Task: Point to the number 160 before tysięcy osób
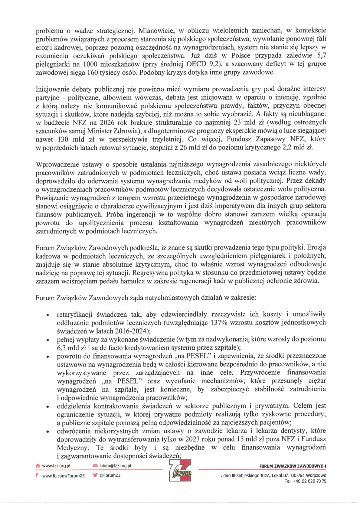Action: (92, 73)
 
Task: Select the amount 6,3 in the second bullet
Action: (62, 347)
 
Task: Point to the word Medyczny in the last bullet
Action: (73, 448)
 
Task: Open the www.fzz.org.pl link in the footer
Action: (56, 466)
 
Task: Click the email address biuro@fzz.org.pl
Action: (116, 466)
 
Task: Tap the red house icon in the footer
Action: (38, 466)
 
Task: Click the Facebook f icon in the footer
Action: (37, 475)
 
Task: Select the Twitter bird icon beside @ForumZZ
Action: (95, 475)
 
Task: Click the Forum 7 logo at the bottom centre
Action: (180, 471)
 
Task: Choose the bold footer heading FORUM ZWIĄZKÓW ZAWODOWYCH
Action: (293, 466)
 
